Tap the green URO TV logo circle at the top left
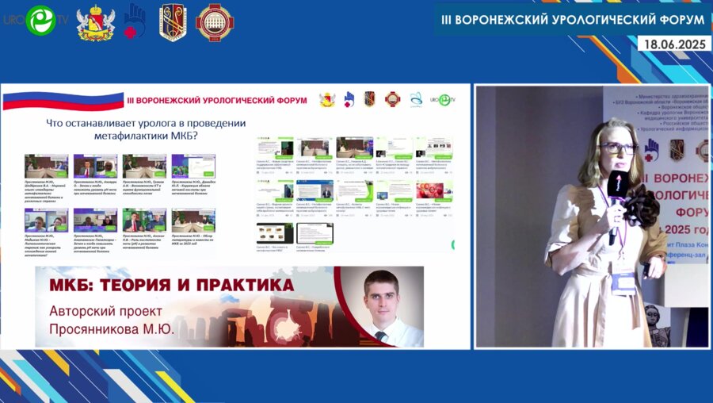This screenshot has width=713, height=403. click(40, 21)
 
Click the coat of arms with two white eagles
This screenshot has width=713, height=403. click(95, 22)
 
